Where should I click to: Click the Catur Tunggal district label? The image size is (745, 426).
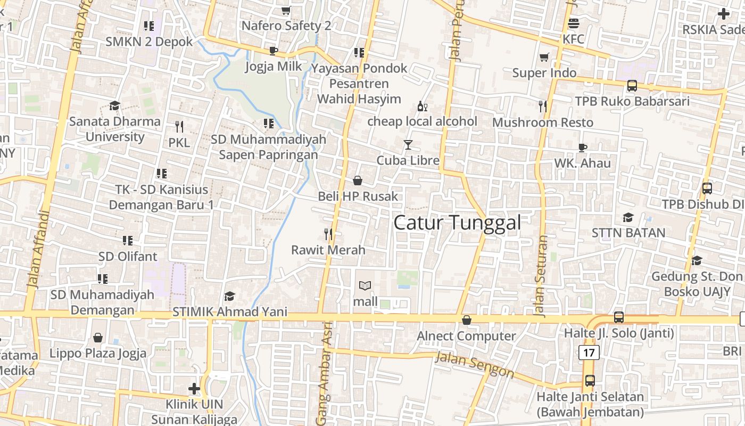(x=457, y=223)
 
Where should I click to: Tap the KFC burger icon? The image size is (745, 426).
(x=573, y=23)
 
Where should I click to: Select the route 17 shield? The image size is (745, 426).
(x=589, y=353)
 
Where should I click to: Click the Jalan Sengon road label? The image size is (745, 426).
(x=474, y=365)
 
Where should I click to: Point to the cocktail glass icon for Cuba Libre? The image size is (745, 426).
(x=408, y=144)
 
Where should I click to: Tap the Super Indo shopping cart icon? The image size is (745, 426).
(x=544, y=57)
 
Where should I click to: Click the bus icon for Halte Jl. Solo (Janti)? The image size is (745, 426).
(x=619, y=317)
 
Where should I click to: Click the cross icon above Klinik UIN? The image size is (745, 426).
(x=194, y=389)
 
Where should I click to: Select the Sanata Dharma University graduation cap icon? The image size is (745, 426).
(x=114, y=105)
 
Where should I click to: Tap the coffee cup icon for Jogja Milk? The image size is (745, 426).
(x=273, y=51)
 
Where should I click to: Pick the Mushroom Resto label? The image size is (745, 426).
(x=542, y=122)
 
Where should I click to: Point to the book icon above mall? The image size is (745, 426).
(x=365, y=286)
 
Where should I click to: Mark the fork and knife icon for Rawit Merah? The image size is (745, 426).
(x=328, y=234)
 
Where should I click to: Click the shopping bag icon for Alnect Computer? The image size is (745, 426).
(x=466, y=320)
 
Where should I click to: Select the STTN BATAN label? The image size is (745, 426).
(x=628, y=233)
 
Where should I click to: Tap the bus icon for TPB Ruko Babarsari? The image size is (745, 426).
(x=632, y=85)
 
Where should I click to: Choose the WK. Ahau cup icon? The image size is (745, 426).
(x=583, y=148)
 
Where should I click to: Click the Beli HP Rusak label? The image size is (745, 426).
(x=358, y=196)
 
